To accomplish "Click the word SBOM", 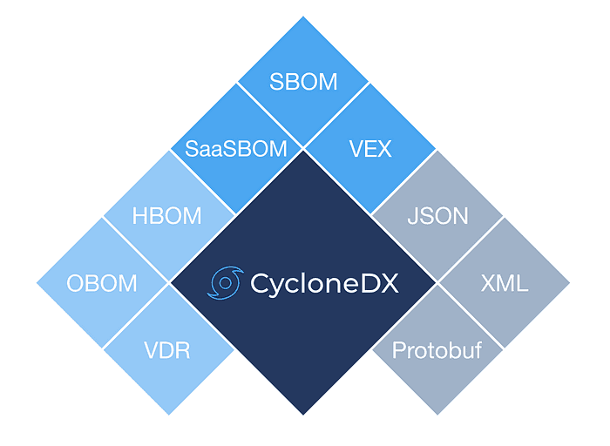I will coord(303,83).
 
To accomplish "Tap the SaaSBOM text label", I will coord(236,148).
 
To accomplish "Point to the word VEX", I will coord(369,148).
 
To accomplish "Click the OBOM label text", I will coord(102,283).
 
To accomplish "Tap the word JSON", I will coord(437,216).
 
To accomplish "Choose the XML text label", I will coord(504,283).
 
